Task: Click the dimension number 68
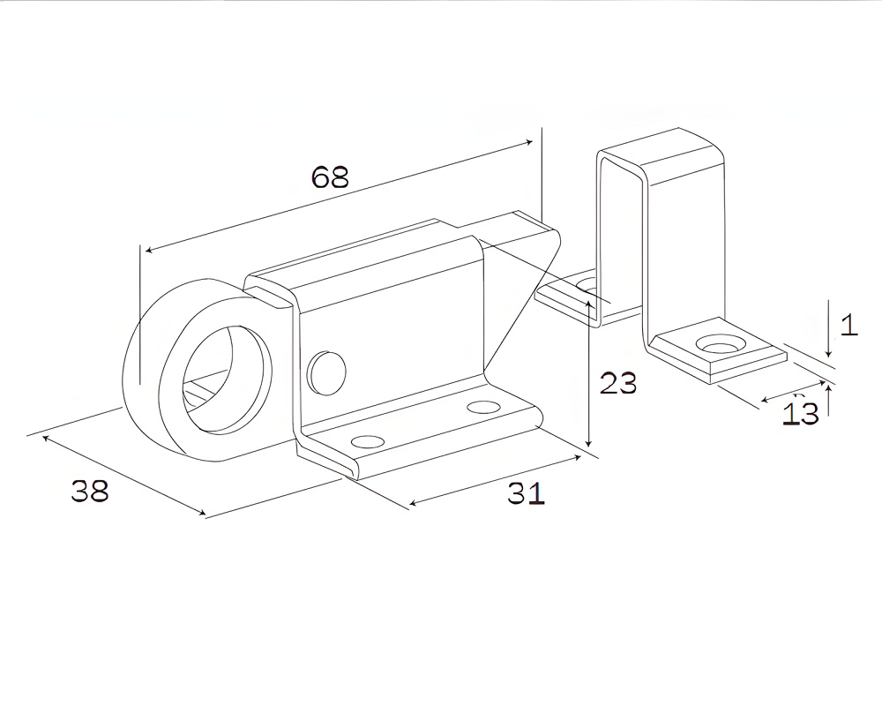click(x=331, y=177)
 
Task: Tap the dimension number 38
click(x=90, y=491)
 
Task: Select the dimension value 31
click(x=527, y=494)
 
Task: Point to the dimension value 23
click(x=618, y=383)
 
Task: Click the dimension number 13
click(x=801, y=413)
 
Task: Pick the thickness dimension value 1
click(x=848, y=326)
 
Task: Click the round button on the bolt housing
click(x=325, y=372)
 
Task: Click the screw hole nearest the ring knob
click(x=368, y=440)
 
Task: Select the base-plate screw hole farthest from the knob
click(x=483, y=408)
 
